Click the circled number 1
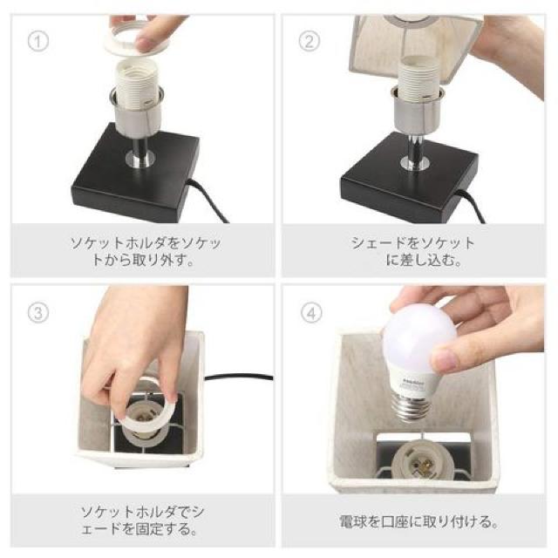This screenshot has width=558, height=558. [38, 42]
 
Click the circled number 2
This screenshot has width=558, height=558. [309, 41]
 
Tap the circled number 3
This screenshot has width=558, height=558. [38, 313]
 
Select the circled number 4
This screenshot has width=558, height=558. [311, 313]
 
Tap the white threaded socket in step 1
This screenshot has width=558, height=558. [137, 84]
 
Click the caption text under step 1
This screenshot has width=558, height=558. [146, 251]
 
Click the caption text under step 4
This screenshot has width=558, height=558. [418, 521]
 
